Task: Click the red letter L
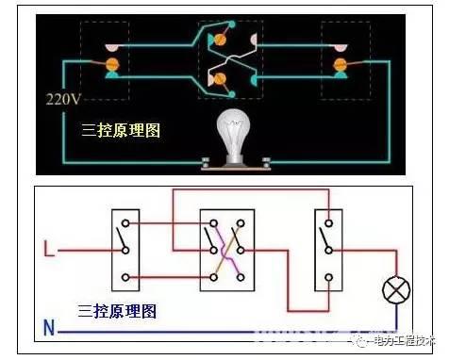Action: click(49, 252)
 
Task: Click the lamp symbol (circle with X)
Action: click(393, 289)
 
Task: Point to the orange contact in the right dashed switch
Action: click(341, 64)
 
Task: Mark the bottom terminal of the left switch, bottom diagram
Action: click(125, 278)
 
